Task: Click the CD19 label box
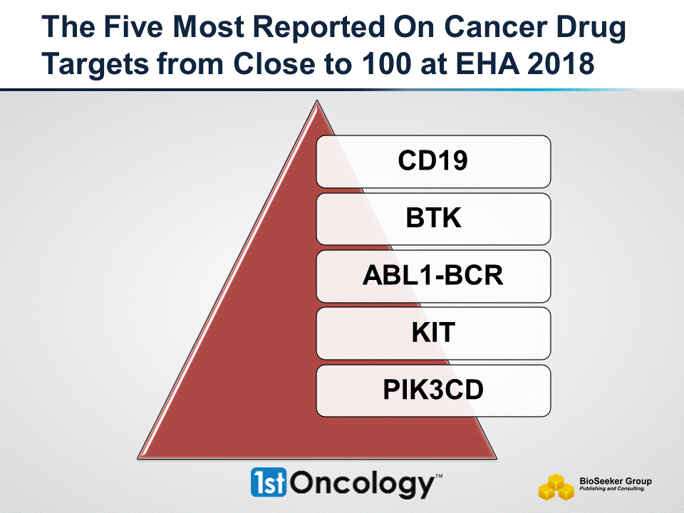click(x=433, y=161)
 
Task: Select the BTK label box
click(x=433, y=218)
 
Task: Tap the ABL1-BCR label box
click(x=433, y=276)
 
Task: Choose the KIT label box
click(x=433, y=333)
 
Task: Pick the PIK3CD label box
click(x=433, y=390)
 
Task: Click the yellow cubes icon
click(x=556, y=487)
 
